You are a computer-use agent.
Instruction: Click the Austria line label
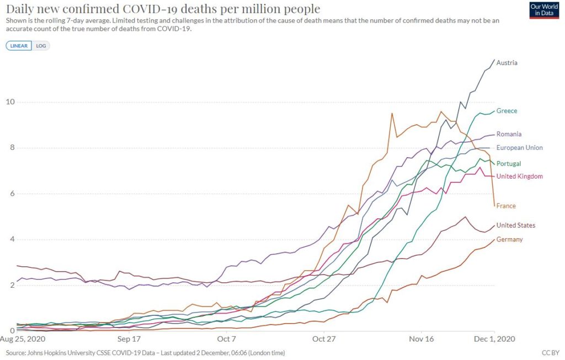[x=507, y=63]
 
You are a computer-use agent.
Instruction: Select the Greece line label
[x=507, y=111]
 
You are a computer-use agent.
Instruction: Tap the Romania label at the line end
[x=509, y=134]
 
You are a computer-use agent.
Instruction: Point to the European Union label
[x=519, y=148]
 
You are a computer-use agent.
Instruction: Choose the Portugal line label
[x=508, y=164]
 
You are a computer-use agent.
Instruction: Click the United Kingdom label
[x=519, y=176]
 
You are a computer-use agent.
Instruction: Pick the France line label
[x=506, y=206]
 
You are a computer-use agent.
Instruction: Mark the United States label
[x=515, y=225]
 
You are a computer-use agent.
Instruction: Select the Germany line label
[x=509, y=239]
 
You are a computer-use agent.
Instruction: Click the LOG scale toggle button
[x=41, y=46]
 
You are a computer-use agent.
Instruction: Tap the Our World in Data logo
[x=543, y=10]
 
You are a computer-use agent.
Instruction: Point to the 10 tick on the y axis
[x=10, y=102]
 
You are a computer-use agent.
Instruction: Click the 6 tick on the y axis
[x=12, y=194]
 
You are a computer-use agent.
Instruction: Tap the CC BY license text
[x=551, y=352]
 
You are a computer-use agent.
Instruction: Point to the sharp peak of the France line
[x=392, y=114]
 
